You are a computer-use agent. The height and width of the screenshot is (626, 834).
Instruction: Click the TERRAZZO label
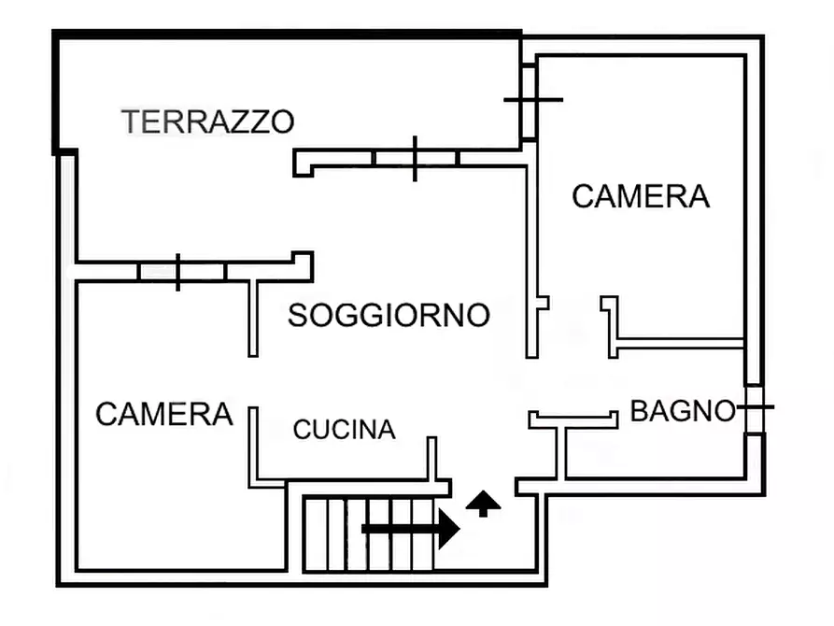point(208,121)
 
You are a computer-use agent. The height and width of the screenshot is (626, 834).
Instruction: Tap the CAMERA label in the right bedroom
point(641,197)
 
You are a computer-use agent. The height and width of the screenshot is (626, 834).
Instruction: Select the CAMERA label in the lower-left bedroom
point(164,414)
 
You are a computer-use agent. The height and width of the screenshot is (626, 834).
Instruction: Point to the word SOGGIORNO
point(389,316)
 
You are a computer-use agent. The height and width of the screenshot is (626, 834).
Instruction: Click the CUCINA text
point(344,430)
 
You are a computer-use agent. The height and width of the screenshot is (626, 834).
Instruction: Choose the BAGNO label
point(683,411)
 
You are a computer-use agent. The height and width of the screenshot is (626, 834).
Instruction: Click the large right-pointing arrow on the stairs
point(411,529)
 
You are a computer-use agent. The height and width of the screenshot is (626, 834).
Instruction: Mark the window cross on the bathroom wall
point(755,406)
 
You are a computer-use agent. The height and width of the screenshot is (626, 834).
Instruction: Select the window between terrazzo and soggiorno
point(415,158)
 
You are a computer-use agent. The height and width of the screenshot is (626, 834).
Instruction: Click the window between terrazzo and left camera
point(177,272)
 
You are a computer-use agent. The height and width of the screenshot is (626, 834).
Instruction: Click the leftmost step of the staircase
point(316,534)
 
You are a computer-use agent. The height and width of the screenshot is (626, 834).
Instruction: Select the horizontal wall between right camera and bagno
point(680,344)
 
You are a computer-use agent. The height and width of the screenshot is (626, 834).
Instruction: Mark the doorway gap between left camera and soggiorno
point(253,381)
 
